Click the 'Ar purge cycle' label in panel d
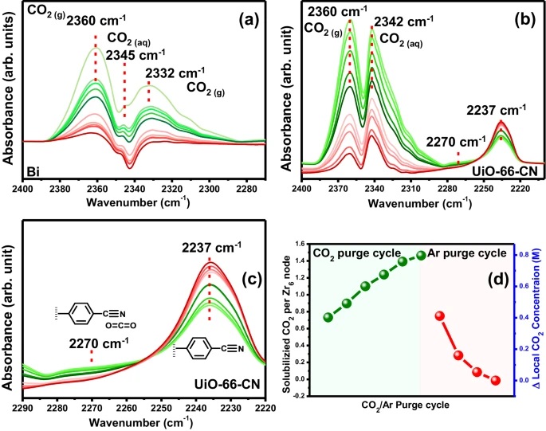[465, 253]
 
